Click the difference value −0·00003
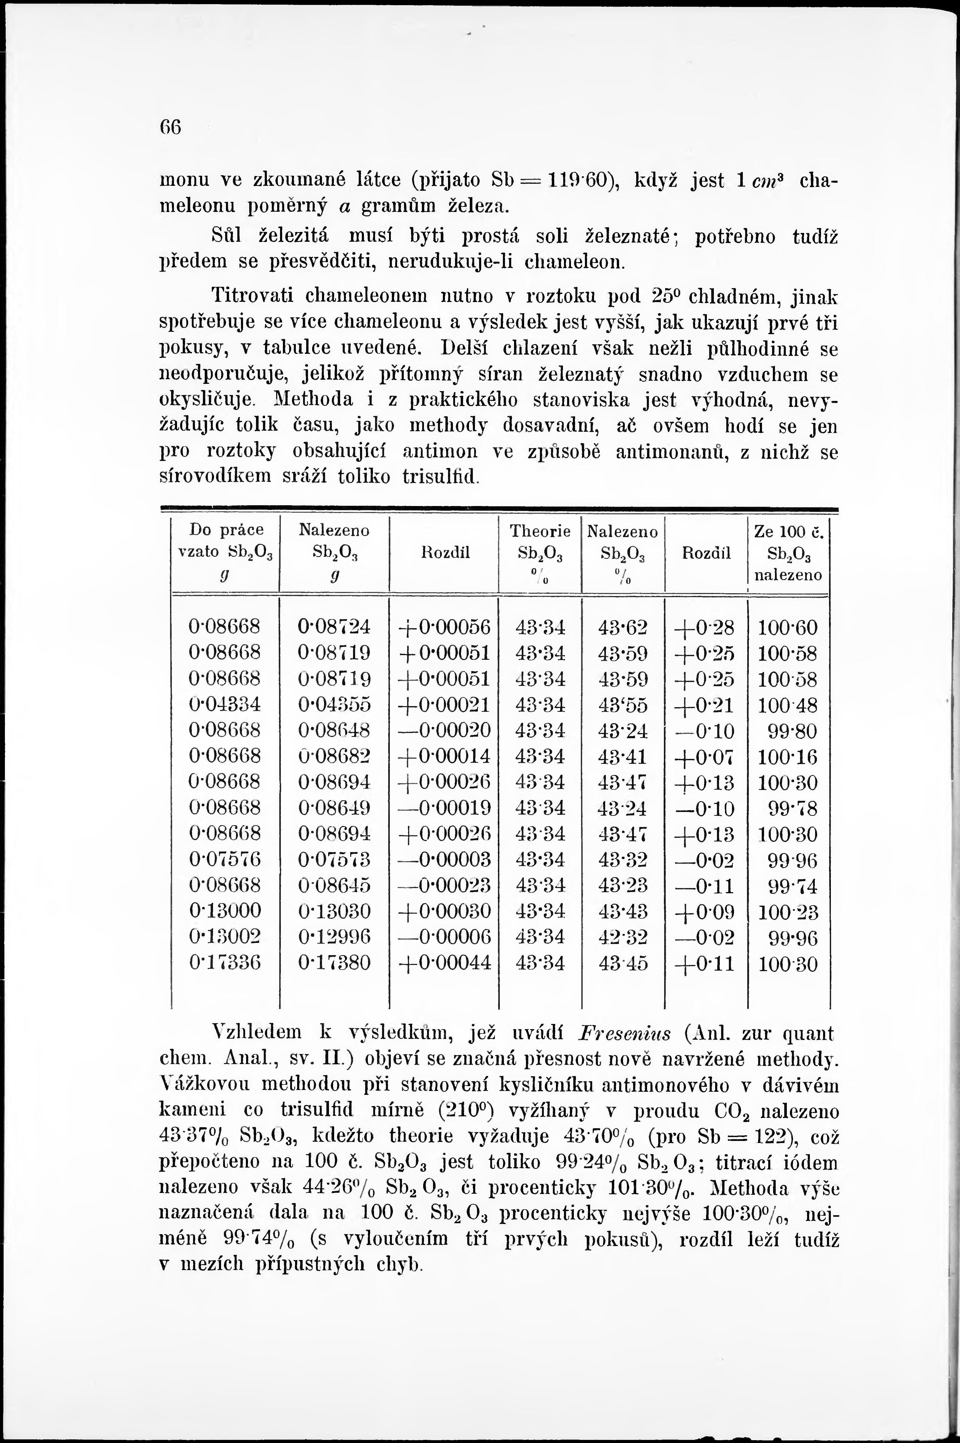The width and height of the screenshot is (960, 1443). pyautogui.click(x=444, y=860)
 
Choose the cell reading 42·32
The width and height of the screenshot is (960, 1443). pyautogui.click(x=622, y=937)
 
